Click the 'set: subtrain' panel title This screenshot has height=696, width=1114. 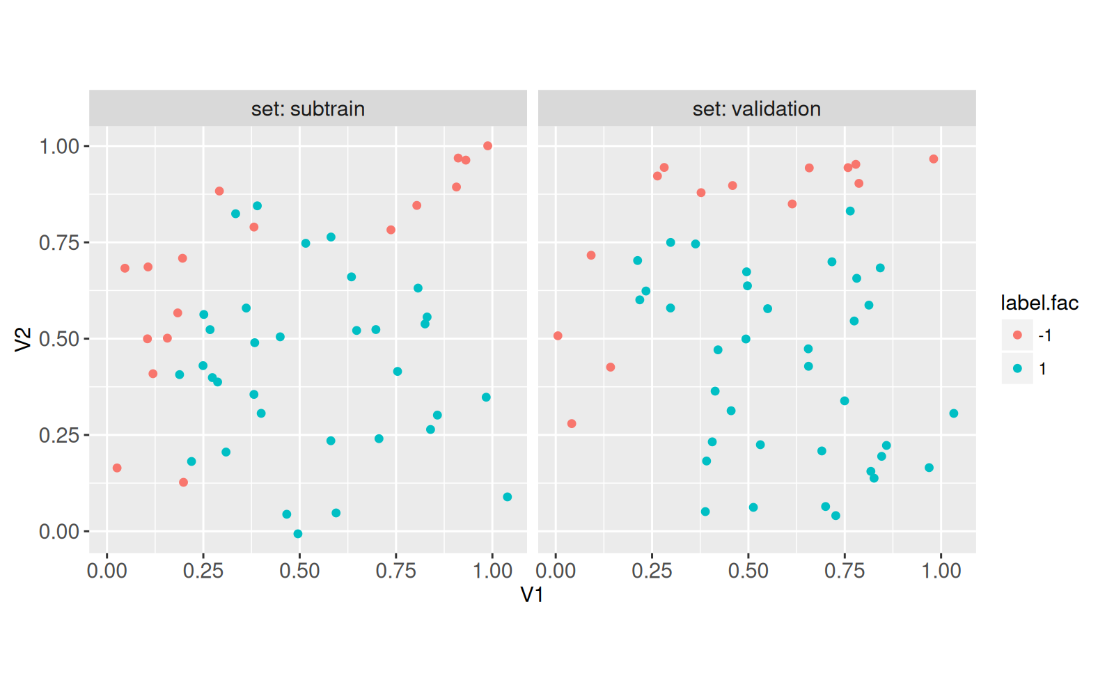308,109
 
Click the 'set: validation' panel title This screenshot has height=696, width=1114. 756,109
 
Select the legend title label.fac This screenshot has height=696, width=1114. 1039,303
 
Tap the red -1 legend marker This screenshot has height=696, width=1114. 1017,335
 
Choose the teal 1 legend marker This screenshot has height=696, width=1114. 1017,369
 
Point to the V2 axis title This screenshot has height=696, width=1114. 23,339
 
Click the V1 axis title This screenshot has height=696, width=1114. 532,594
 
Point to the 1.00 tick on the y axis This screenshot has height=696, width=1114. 59,146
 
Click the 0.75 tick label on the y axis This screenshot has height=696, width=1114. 59,243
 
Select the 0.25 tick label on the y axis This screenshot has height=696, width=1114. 59,436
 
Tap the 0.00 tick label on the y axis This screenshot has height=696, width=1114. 59,532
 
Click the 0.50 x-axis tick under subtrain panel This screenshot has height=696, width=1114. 299,571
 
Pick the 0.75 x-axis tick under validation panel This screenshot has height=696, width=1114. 845,571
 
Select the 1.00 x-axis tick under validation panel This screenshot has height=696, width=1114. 941,571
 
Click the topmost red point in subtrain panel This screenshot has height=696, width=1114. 487,146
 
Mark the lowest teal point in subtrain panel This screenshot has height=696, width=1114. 298,534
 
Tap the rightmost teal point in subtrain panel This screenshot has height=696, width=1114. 507,497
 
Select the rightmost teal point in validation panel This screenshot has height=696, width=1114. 954,413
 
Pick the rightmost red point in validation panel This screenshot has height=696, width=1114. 934,159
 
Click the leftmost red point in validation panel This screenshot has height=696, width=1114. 558,336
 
